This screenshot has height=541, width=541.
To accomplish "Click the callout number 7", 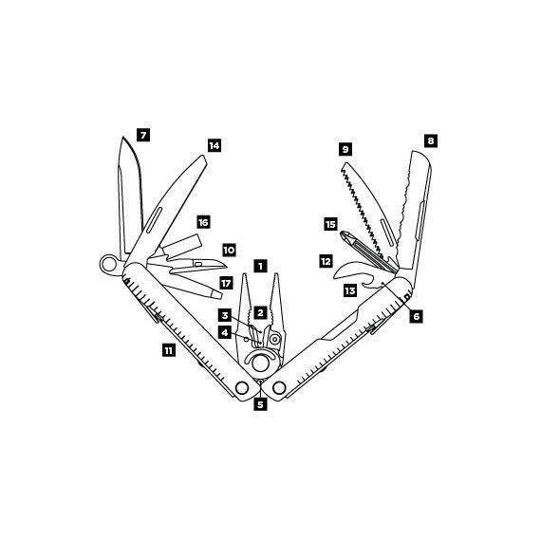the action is coord(143,135).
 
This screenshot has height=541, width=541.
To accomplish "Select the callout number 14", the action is coord(215,145).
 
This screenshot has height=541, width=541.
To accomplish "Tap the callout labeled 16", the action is coord(203,222).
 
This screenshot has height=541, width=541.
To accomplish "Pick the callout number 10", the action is coord(229,250).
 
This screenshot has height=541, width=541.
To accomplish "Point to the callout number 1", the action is coord(260,266).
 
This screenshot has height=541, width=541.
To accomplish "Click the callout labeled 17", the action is coord(226,284).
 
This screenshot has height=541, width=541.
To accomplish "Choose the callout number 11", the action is coord(169,351).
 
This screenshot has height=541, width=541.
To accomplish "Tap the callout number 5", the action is coord(260,404).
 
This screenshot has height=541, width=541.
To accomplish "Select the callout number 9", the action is coord(345,149).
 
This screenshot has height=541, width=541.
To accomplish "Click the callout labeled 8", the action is coord(431,140).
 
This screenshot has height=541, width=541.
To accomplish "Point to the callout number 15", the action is coord(330,224).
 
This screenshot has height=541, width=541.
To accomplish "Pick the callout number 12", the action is coord(326,261).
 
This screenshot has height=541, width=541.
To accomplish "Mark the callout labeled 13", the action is coord(350,290).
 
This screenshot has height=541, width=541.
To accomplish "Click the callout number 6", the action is coord(417,316).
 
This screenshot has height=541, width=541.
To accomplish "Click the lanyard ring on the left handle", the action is coord(109,265).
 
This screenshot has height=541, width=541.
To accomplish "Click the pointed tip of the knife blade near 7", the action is coord(122,137).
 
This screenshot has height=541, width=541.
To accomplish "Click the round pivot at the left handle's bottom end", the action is coord(242,387).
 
